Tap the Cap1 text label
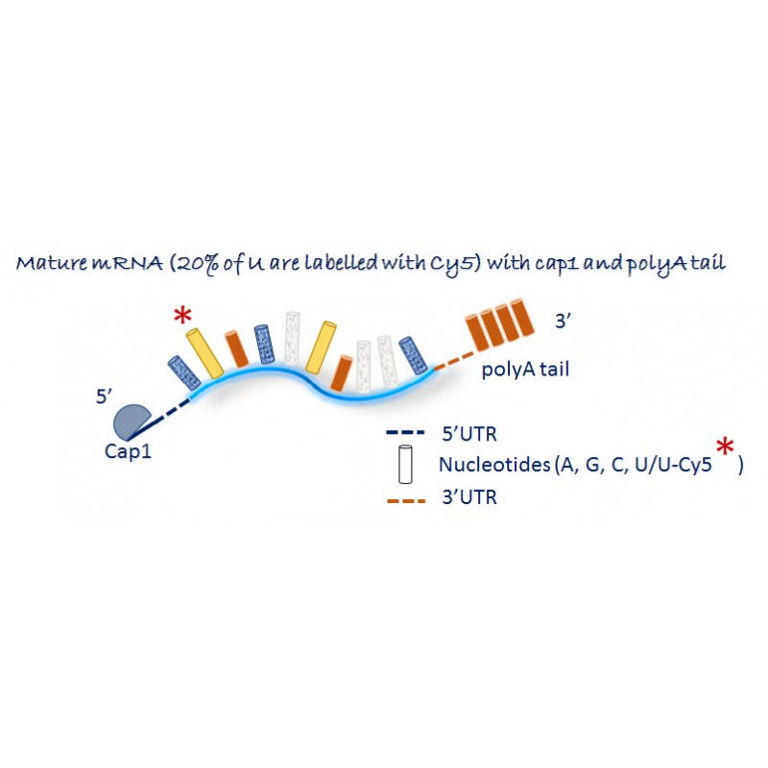[x=128, y=450]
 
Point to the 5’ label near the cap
[x=106, y=396]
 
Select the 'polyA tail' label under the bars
[x=522, y=367]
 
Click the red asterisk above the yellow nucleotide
[x=182, y=317]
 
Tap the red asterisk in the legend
[x=727, y=449]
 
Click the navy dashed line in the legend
[x=402, y=433]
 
